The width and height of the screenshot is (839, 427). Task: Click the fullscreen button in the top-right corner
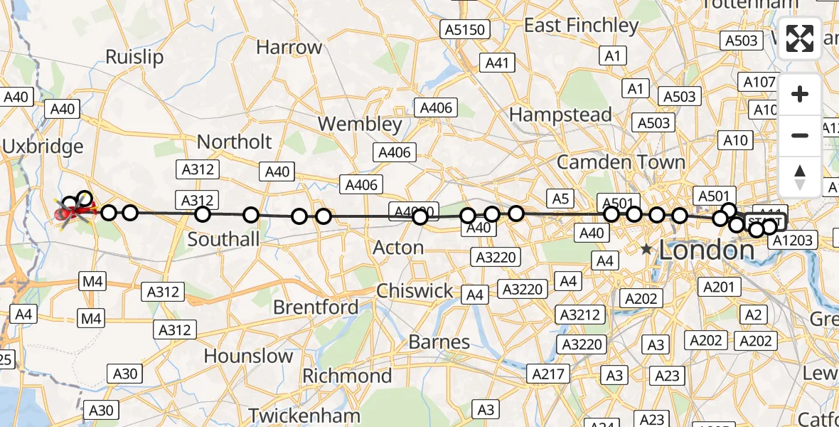click(x=800, y=38)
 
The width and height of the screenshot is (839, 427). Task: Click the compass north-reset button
click(x=800, y=177)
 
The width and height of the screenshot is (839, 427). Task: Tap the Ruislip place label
click(x=134, y=57)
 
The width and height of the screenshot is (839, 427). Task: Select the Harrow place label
click(x=289, y=48)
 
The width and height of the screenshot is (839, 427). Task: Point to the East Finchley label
click(x=581, y=26)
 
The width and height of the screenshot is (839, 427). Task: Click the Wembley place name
click(x=360, y=124)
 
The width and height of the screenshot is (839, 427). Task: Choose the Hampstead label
click(x=560, y=115)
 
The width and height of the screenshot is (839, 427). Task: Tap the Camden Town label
click(x=621, y=162)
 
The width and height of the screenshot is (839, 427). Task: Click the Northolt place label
click(x=234, y=142)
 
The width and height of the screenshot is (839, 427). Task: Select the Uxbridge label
click(x=43, y=147)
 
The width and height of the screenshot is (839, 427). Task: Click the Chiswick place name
click(x=415, y=291)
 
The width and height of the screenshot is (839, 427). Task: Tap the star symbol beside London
click(x=646, y=250)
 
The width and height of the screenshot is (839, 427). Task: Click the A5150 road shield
click(x=465, y=30)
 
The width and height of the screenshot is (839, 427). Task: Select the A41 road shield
click(x=497, y=63)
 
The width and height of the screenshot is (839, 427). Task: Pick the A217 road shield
click(x=547, y=374)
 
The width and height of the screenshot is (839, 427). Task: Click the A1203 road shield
click(x=791, y=241)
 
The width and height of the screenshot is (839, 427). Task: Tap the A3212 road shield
click(x=580, y=315)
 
